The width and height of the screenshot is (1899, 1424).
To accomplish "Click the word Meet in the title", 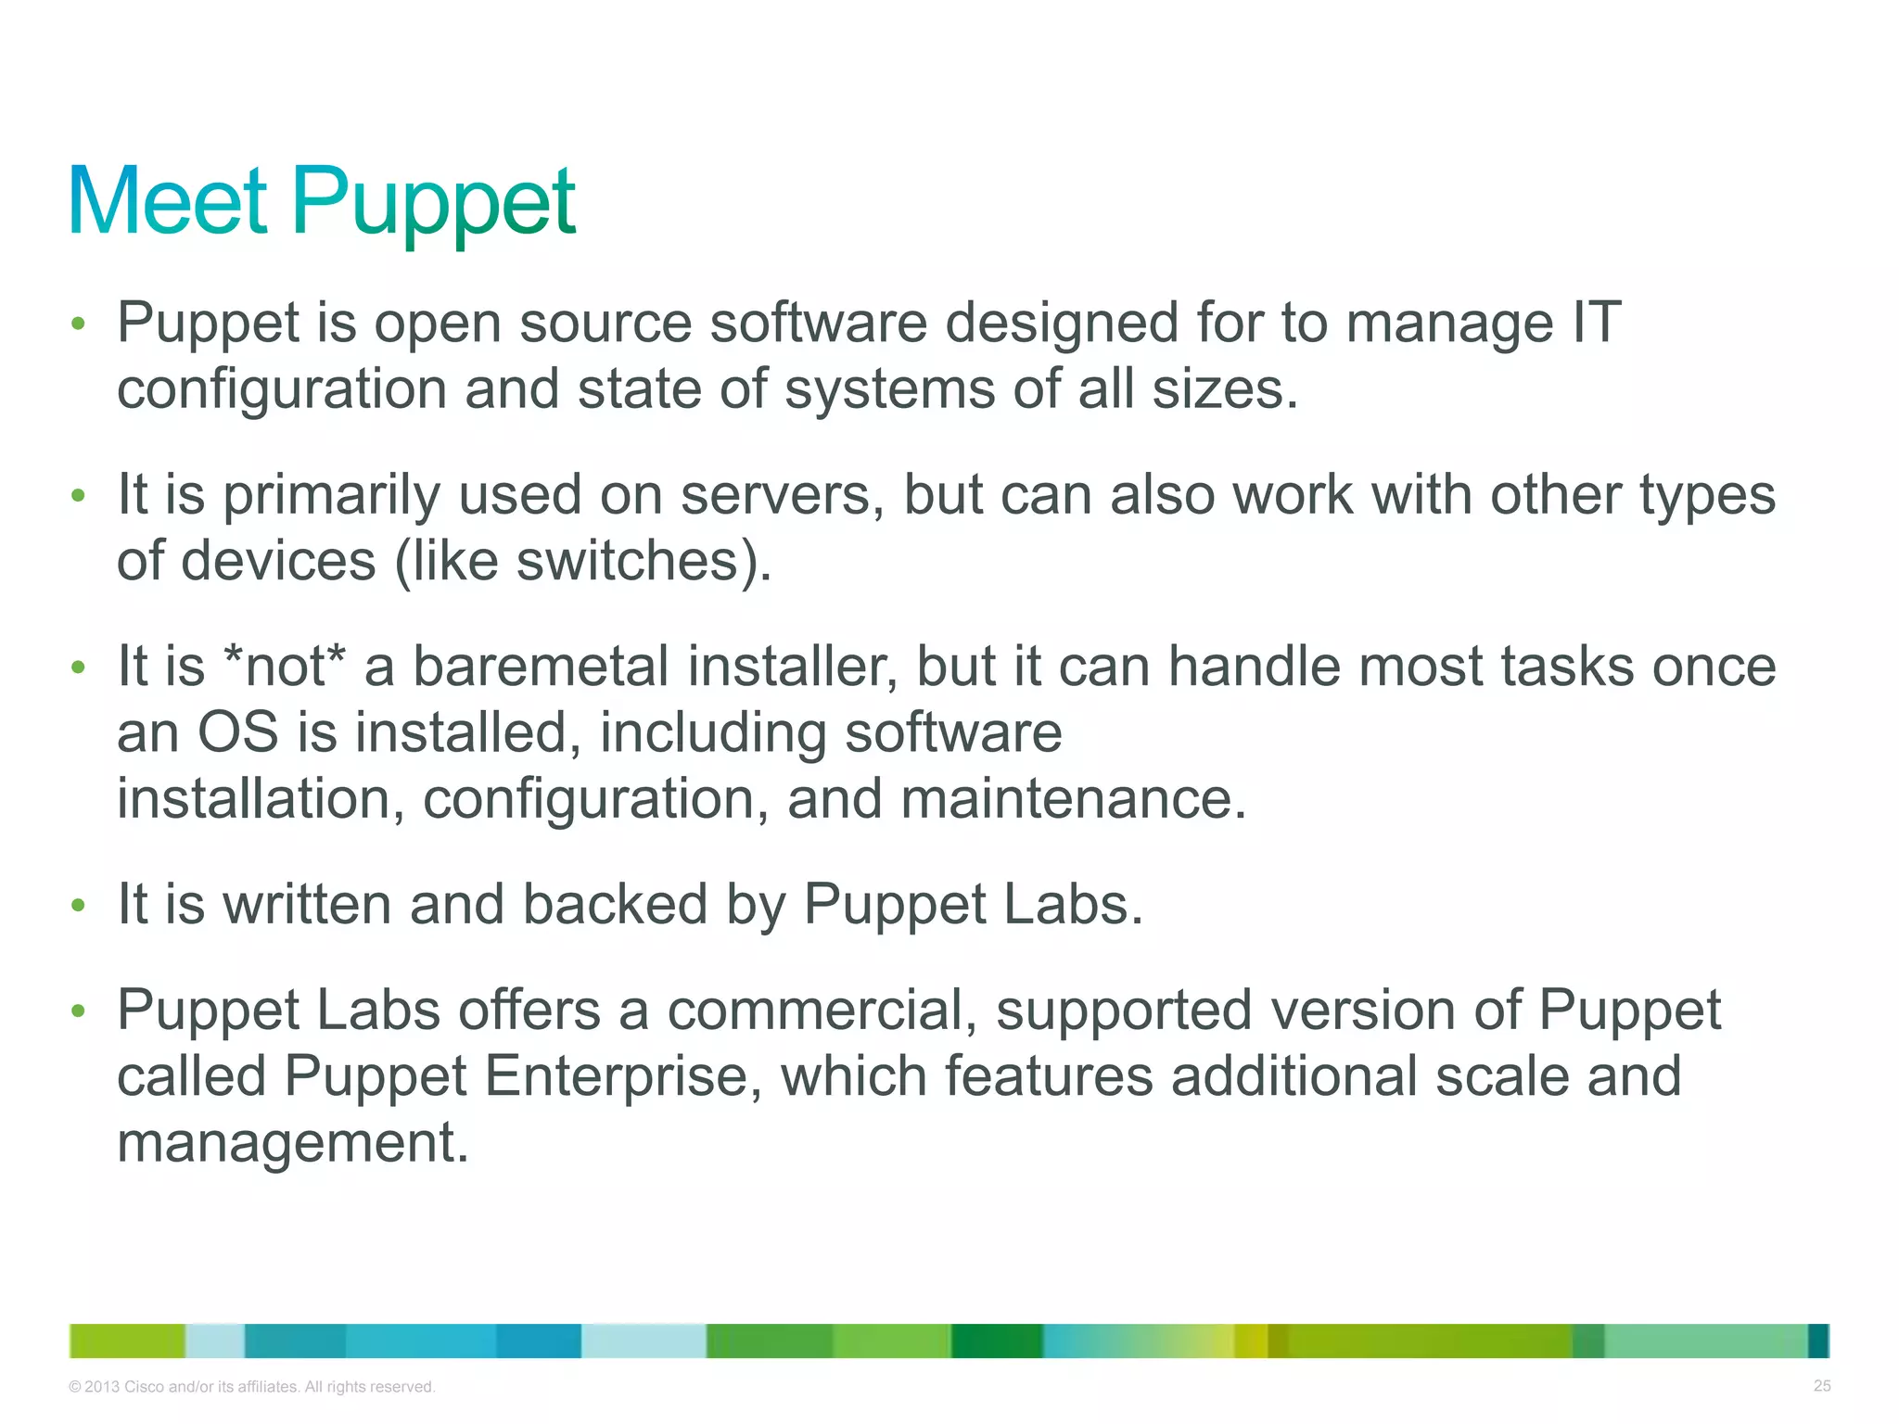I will (x=168, y=201).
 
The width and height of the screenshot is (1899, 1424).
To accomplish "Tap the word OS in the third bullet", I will (x=237, y=732).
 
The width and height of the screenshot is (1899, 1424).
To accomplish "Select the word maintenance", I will (x=1074, y=799).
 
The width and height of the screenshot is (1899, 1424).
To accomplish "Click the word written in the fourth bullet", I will (x=307, y=904).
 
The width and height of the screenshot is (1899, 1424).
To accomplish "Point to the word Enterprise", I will (x=615, y=1075).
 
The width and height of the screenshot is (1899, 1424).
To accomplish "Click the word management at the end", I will (x=293, y=1142).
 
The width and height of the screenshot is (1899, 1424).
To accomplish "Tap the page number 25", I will (x=1822, y=1386).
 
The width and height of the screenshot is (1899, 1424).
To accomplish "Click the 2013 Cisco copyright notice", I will (x=251, y=1387).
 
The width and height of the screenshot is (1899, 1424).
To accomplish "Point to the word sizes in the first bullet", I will (x=1225, y=389).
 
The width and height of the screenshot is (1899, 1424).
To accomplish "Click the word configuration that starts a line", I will (x=282, y=389).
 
